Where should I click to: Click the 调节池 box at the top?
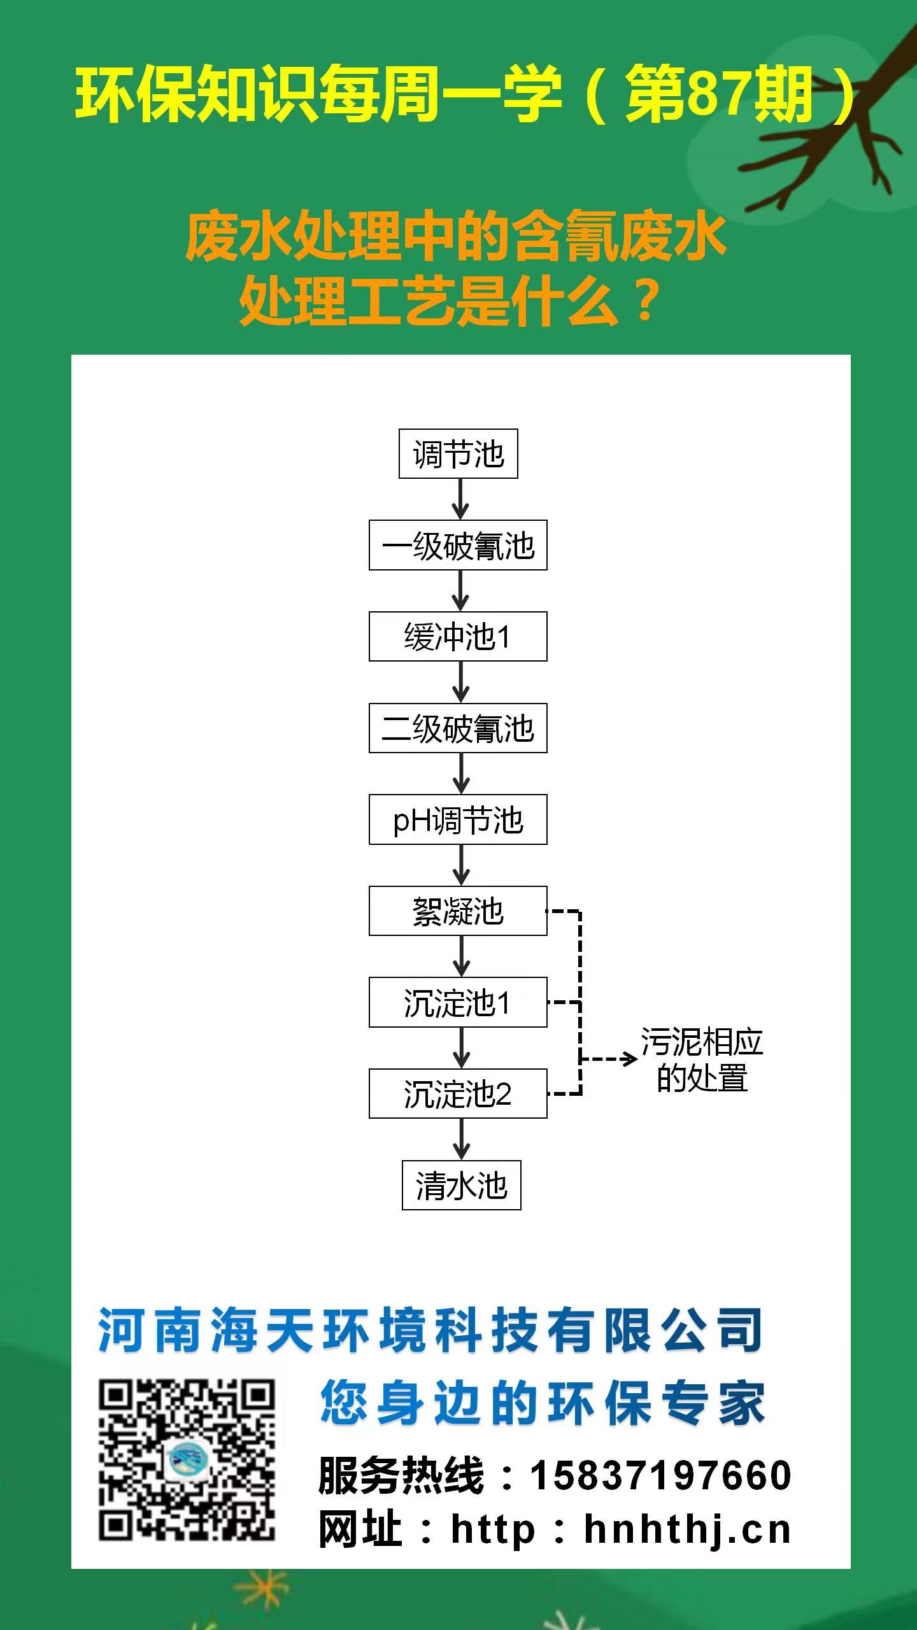click(458, 454)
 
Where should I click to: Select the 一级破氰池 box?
click(458, 546)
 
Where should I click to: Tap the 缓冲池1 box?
click(458, 637)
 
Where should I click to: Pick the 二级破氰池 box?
click(458, 728)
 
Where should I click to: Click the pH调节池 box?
click(458, 820)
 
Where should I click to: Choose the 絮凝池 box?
click(458, 911)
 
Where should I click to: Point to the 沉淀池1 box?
click(458, 1003)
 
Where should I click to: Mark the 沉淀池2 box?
click(458, 1095)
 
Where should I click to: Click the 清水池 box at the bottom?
click(461, 1186)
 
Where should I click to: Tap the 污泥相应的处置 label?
click(702, 1060)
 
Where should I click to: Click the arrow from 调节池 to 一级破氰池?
click(460, 500)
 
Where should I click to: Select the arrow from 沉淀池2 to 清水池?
click(461, 1140)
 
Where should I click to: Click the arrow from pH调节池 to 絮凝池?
click(461, 865)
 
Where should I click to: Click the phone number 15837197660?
click(661, 1475)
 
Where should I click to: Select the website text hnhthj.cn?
click(687, 1530)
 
